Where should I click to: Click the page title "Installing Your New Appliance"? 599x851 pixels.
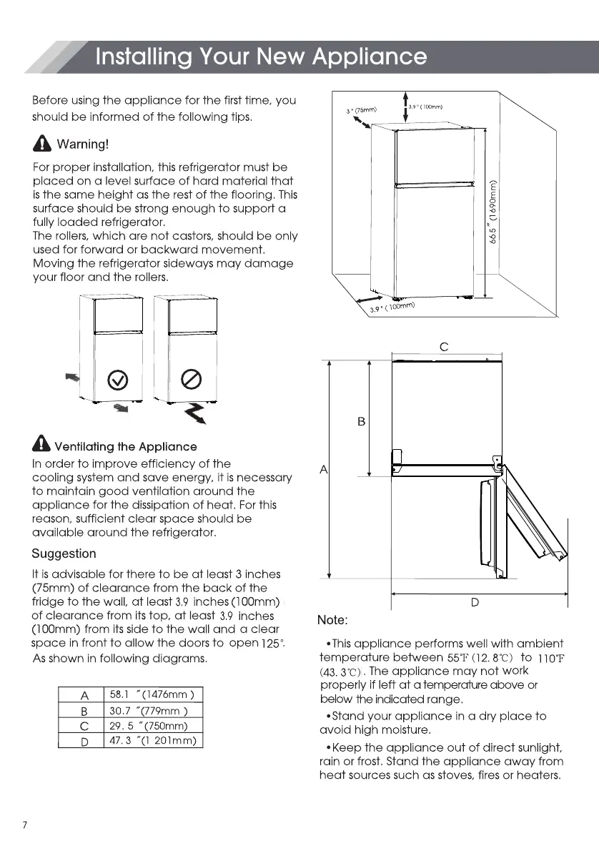pos(261,56)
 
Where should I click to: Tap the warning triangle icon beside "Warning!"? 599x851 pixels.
pos(44,145)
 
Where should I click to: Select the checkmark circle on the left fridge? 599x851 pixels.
pos(117,379)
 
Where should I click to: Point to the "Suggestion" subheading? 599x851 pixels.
pos(64,554)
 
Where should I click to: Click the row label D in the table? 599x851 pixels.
pos(84,742)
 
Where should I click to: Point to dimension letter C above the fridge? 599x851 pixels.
pos(443,347)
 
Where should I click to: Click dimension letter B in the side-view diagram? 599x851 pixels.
pos(361,422)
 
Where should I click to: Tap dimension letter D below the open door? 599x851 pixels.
pos(475,603)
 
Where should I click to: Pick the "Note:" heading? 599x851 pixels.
pos(332,619)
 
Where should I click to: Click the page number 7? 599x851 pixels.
pos(25,825)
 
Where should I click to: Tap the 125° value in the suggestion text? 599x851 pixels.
pos(271,643)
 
